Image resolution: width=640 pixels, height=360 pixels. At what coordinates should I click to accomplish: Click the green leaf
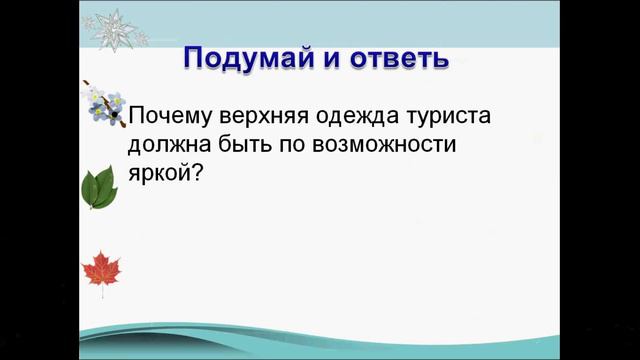pyautogui.click(x=98, y=187)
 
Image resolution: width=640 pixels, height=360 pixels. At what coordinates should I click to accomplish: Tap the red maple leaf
pyautogui.click(x=100, y=269)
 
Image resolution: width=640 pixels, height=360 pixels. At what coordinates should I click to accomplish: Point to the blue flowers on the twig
pyautogui.click(x=105, y=103)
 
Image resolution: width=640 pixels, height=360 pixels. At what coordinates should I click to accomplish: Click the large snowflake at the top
pyautogui.click(x=112, y=27)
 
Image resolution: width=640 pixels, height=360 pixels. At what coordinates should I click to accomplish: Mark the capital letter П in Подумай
pyautogui.click(x=195, y=57)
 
